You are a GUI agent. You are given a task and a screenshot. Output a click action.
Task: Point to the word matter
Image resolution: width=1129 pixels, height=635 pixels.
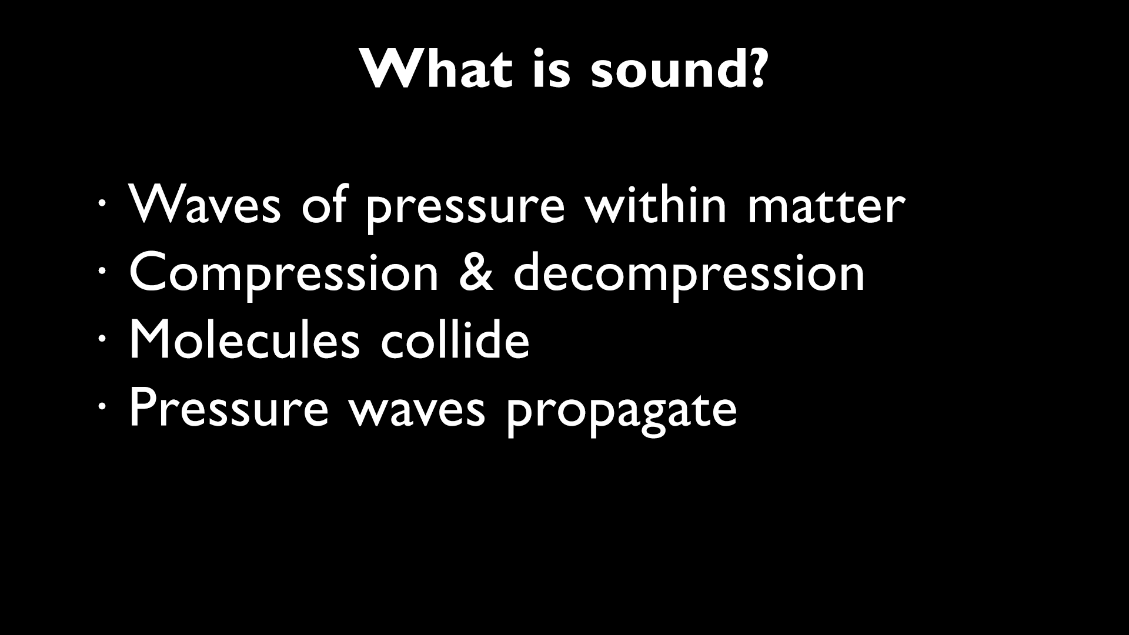[826, 204]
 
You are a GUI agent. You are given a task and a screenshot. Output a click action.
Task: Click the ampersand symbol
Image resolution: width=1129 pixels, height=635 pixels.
[476, 272]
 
